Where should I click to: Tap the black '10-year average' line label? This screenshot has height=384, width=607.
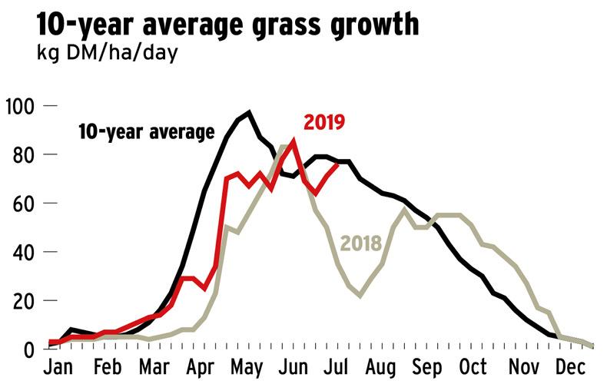(146, 131)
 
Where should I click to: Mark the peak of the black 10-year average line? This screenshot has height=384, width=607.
(248, 113)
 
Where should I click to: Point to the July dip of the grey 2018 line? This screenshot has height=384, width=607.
(360, 296)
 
